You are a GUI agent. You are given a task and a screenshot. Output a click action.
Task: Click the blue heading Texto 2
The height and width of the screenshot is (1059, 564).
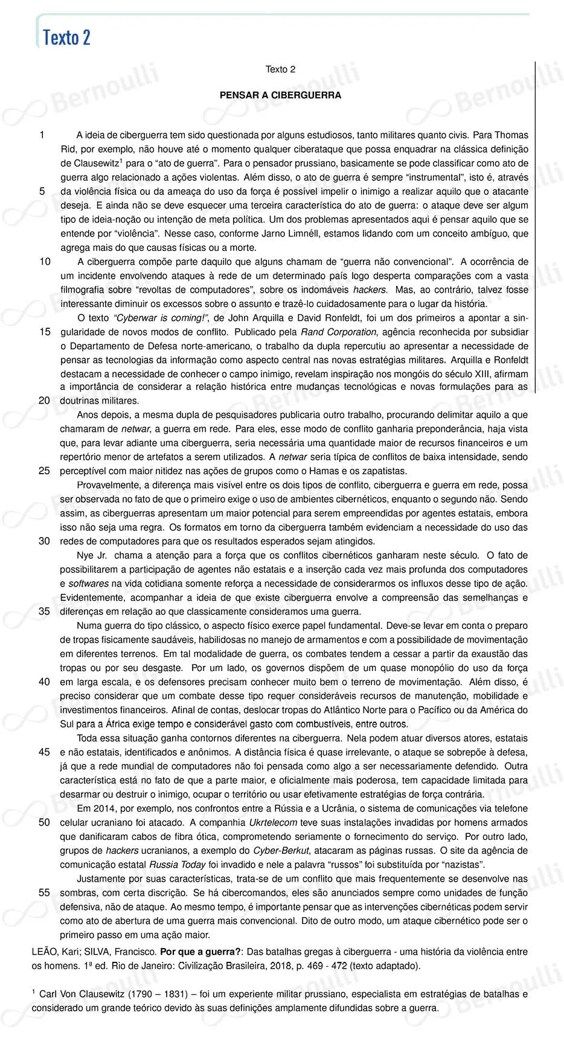(66, 37)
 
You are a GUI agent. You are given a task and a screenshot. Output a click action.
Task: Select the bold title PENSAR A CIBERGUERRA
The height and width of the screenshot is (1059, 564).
(280, 95)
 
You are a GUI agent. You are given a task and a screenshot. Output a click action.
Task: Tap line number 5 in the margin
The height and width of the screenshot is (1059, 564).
(42, 191)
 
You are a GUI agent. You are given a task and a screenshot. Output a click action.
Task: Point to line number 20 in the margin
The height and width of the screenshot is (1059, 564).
(45, 400)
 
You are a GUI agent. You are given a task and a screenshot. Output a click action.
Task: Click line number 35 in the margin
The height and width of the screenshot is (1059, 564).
(45, 611)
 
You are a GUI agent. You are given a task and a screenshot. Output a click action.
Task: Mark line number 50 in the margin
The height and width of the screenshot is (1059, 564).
(45, 822)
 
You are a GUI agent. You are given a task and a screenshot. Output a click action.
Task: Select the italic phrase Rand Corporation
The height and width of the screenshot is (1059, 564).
(338, 332)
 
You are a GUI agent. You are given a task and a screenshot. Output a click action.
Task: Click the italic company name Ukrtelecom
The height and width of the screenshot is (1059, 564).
(273, 822)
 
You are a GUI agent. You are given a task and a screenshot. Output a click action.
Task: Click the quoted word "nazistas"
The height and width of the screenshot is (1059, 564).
(464, 864)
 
